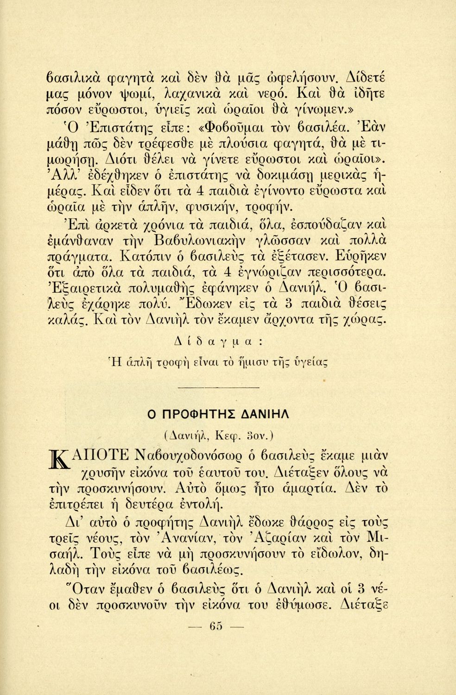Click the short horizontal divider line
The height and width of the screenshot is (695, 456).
click(228, 386)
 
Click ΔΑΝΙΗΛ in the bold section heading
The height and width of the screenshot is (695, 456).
click(269, 415)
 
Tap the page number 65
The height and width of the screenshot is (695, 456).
click(216, 627)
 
